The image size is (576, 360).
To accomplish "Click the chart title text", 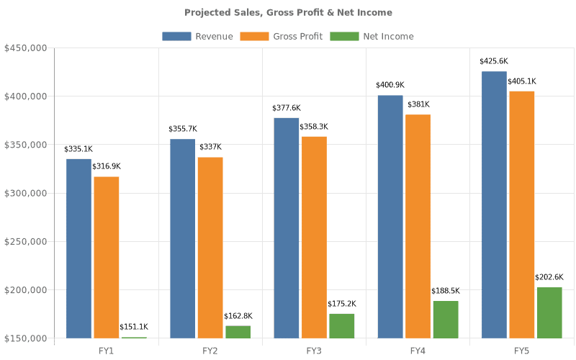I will coord(288,12).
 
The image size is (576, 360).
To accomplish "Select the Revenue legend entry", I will coord(198,36).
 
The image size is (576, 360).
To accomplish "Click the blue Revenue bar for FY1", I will coord(79,248).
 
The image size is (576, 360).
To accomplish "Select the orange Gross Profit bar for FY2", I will coord(210,247).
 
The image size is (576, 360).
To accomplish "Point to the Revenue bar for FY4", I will coord(390,216).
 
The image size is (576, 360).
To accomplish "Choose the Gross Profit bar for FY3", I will coord(314,237).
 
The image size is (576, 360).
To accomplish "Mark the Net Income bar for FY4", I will coord(446,319).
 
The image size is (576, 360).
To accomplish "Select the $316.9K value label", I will coord(107,166).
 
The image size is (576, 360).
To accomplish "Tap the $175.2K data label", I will coord(342,304).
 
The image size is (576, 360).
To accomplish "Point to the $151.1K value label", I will coord(135,327).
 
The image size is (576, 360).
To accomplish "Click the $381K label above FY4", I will coord(418,104).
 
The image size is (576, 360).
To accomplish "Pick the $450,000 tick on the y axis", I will coord(26,48).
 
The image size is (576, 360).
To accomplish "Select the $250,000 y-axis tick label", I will coord(26,241).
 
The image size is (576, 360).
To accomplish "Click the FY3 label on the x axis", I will coord(314,350).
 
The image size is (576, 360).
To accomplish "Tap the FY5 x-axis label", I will coord(522,350).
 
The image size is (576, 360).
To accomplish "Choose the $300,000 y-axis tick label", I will coord(26,193).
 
